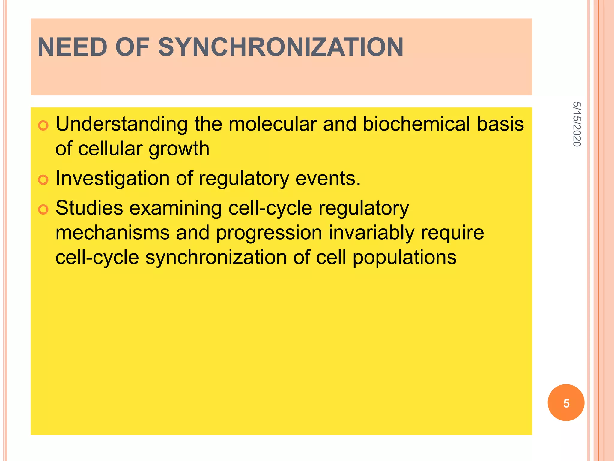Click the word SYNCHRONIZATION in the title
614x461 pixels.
281,47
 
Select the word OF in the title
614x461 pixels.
132,47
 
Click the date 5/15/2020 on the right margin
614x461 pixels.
577,124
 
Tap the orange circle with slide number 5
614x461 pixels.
566,402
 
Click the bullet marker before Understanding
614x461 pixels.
43,125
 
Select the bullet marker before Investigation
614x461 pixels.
43,180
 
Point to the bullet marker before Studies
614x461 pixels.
43,209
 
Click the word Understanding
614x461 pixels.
122,125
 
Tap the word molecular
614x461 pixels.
273,124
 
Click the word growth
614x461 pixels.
179,149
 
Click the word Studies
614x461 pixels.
89,208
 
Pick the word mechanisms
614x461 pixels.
113,233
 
